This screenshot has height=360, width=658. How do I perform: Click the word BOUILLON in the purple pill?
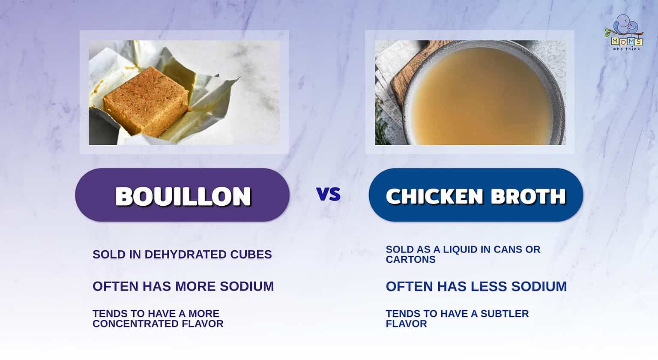click(183, 196)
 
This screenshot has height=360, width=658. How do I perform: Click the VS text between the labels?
click(329, 194)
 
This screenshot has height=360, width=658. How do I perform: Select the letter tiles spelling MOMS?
click(626, 42)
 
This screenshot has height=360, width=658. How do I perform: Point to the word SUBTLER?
click(505, 314)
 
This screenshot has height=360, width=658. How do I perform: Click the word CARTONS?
click(410, 260)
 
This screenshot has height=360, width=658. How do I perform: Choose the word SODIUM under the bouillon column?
click(247, 286)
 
